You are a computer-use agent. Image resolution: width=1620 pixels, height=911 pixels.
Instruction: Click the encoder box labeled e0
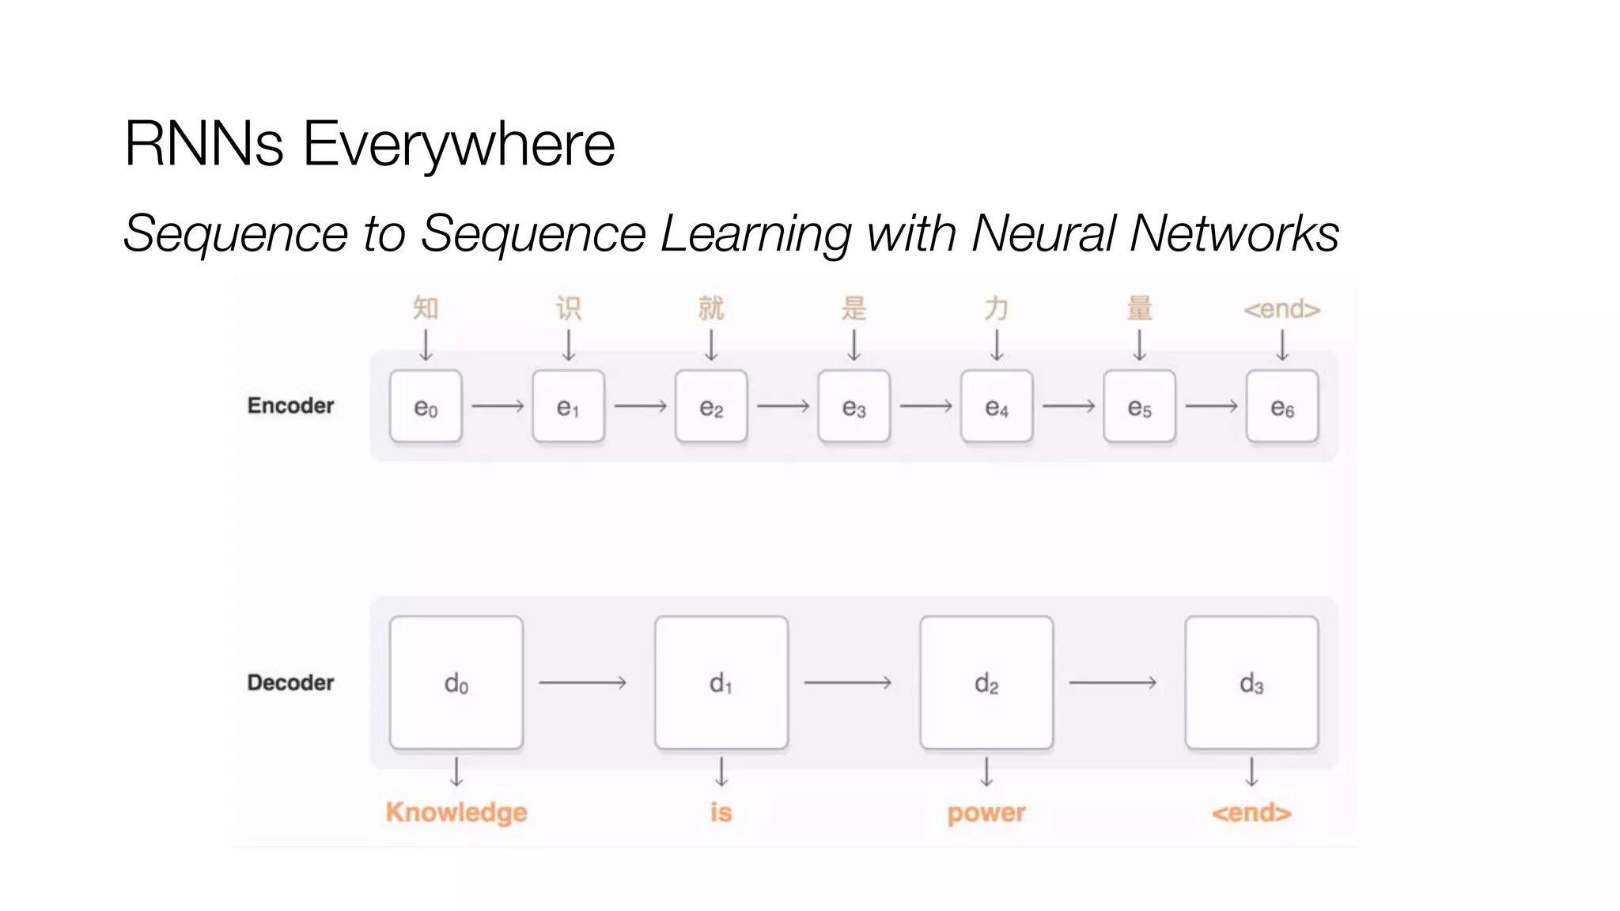[426, 406]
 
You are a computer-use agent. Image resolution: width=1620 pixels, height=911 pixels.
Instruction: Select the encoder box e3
[854, 406]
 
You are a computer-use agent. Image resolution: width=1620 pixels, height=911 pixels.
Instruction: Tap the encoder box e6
[1281, 406]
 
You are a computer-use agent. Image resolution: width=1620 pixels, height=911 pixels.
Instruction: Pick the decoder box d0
[456, 682]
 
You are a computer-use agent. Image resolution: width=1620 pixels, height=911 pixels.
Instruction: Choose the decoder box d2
[986, 682]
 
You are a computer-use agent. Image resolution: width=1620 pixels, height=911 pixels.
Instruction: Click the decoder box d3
[1251, 682]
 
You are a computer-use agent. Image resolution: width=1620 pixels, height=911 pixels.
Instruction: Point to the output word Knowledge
[456, 812]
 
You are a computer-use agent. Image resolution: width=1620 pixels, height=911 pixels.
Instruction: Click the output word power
[986, 813]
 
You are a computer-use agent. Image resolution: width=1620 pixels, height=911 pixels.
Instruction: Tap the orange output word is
[721, 812]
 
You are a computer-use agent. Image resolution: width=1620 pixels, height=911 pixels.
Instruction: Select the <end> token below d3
[1251, 812]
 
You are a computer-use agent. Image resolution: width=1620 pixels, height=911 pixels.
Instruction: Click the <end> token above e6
[1281, 309]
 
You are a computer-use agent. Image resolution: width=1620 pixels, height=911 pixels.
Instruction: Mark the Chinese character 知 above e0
[426, 308]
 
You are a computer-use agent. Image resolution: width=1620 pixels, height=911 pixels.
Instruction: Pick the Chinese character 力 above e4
[997, 308]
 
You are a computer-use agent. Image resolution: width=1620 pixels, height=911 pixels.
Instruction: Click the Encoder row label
[290, 406]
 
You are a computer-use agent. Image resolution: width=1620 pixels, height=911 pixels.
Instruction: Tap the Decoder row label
[290, 682]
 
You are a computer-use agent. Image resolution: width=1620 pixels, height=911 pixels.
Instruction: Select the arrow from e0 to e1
[498, 406]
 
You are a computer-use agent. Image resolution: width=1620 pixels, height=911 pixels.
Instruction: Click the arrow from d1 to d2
[847, 682]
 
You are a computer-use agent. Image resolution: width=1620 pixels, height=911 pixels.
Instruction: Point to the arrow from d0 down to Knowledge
[456, 772]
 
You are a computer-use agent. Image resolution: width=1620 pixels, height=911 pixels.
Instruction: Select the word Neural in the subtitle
[1043, 233]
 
